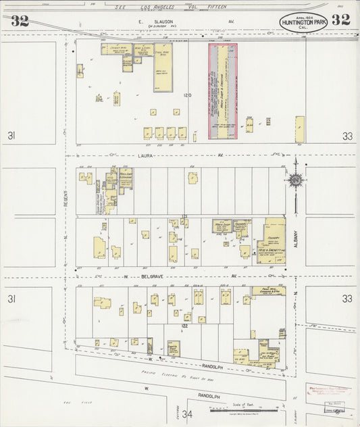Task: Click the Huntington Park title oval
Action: tap(303, 22)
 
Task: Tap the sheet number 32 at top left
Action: tap(20, 20)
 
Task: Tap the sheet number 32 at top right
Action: tap(341, 20)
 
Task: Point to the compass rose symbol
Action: tap(295, 180)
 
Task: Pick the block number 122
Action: tap(184, 326)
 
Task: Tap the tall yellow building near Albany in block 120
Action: tap(299, 129)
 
